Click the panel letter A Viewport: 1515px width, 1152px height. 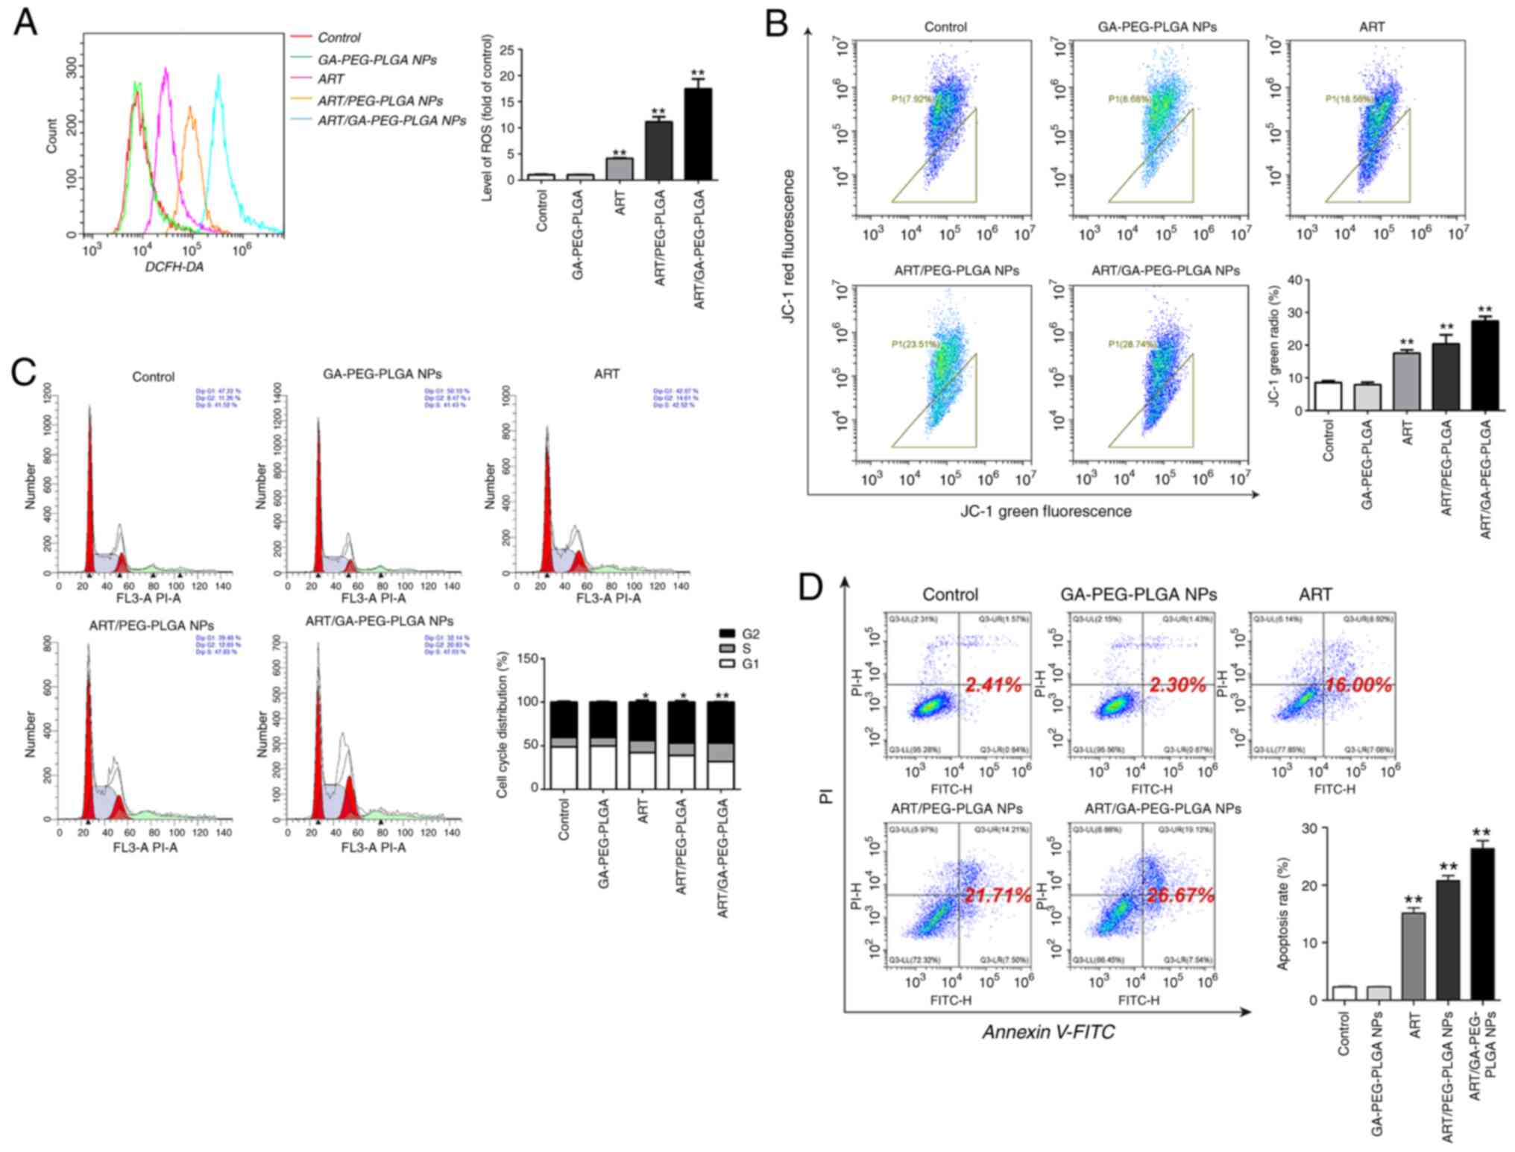(25, 22)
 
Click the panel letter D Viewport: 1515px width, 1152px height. (810, 587)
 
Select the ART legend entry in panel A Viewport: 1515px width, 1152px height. (330, 79)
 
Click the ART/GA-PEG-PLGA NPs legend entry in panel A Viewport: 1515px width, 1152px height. (391, 120)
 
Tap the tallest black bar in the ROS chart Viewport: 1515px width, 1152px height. (698, 134)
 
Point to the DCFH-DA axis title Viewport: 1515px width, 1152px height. (174, 266)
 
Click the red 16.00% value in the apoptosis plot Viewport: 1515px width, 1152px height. (1358, 685)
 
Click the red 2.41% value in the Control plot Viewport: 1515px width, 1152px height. (994, 684)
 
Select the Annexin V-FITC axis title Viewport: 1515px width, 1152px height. (1048, 1032)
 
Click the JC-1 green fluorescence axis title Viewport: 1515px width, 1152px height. (1045, 512)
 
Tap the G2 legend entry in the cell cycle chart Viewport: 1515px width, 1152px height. (750, 634)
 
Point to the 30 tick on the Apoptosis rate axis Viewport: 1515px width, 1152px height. (1309, 828)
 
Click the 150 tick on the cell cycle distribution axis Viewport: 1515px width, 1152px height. (529, 658)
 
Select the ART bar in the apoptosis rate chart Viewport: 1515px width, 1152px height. (1413, 956)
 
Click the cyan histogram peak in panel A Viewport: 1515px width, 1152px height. (218, 76)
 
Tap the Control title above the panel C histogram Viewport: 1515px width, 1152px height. (153, 377)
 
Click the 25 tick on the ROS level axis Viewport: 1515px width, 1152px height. (507, 50)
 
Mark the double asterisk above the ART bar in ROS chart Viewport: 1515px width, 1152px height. (619, 154)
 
